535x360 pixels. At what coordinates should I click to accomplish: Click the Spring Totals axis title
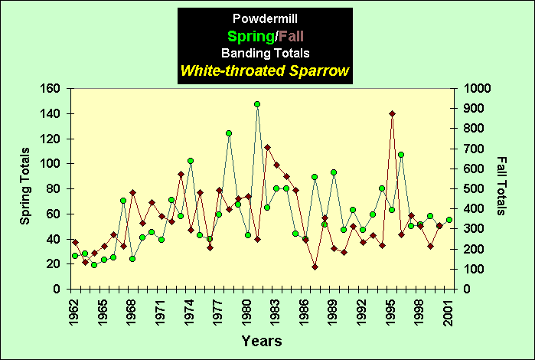(x=25, y=187)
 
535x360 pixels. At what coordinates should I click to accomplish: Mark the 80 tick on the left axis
(x=52, y=189)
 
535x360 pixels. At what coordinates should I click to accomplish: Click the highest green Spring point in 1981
(x=257, y=104)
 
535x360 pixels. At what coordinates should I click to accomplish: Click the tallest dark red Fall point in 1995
(x=392, y=113)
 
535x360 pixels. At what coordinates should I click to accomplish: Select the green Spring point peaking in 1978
(x=228, y=133)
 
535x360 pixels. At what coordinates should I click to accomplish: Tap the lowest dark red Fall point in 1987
(x=315, y=267)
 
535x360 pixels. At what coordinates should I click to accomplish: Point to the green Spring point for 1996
(x=401, y=155)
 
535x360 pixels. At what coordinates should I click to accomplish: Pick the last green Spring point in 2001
(x=449, y=220)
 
